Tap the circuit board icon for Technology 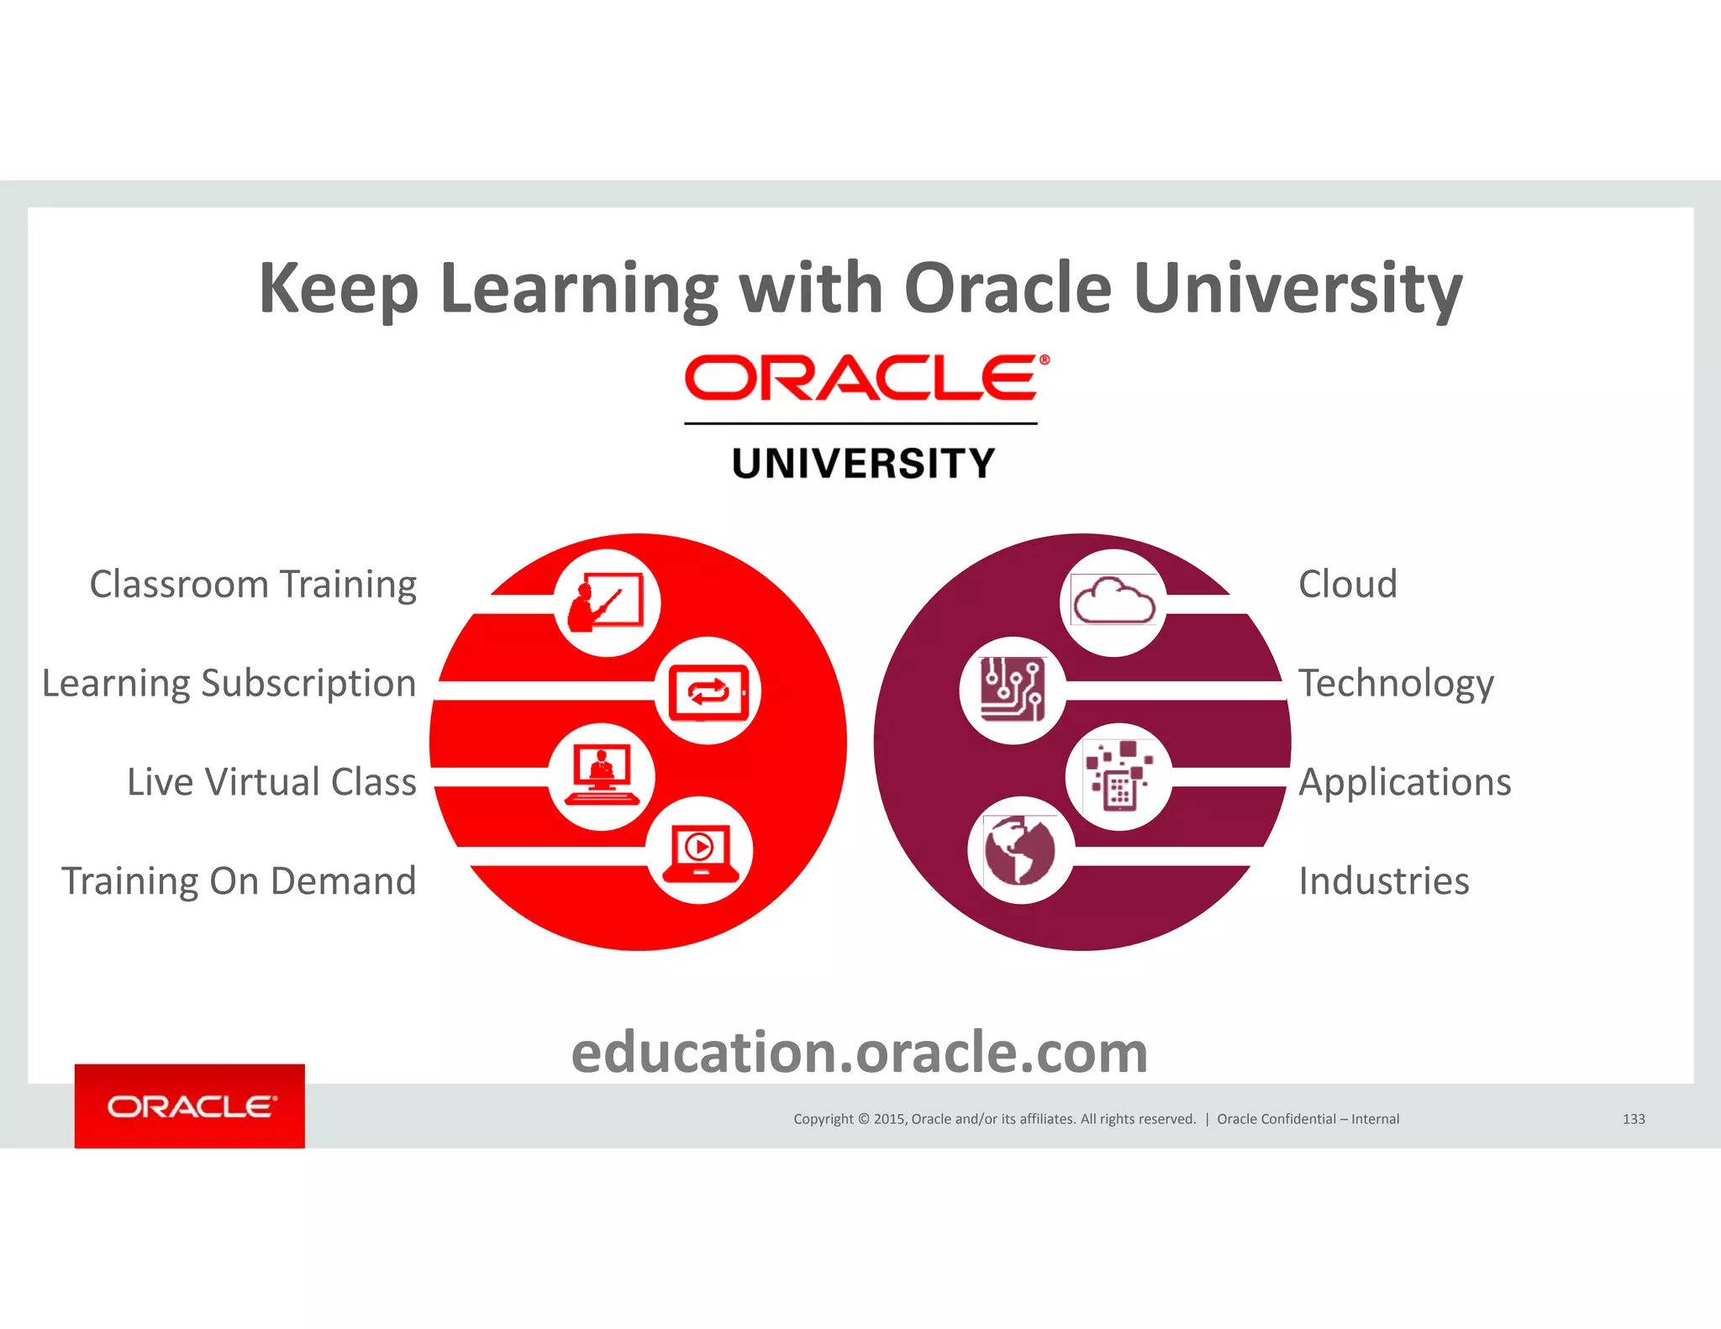point(1013,690)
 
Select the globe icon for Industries point(1020,850)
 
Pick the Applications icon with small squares point(1118,776)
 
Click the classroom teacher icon point(607,602)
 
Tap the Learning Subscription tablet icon point(708,691)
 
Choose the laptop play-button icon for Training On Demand point(700,850)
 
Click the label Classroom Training point(253,585)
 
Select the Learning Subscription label point(229,683)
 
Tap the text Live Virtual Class point(271,782)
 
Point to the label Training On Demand point(239,881)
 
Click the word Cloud point(1348,585)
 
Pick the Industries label point(1384,881)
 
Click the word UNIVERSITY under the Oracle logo point(863,464)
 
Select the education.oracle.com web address point(860,1053)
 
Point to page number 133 point(1634,1119)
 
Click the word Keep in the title point(338,290)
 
